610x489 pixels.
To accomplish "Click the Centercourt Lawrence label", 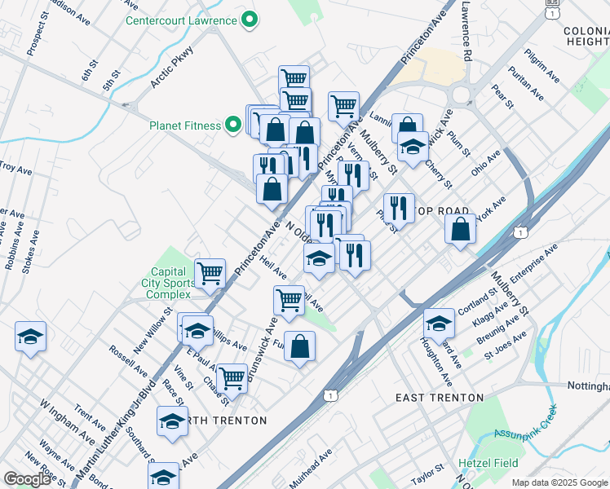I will pyautogui.click(x=181, y=20).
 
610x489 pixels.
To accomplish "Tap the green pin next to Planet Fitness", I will pyautogui.click(x=234, y=126).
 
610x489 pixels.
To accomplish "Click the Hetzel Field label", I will pyautogui.click(x=488, y=463).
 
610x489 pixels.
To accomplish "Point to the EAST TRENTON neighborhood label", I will pyautogui.click(x=439, y=398).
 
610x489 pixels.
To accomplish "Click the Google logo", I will pyautogui.click(x=28, y=478).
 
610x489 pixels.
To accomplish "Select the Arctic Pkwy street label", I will pyautogui.click(x=170, y=71).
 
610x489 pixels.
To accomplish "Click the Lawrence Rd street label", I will pyautogui.click(x=466, y=32).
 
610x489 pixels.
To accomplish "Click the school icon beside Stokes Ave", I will pyautogui.click(x=30, y=337).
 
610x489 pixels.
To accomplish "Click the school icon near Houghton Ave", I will pyautogui.click(x=439, y=324).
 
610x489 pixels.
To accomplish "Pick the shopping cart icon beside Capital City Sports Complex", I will pyautogui.click(x=210, y=273).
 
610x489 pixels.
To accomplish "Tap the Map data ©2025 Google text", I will pyautogui.click(x=559, y=482).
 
